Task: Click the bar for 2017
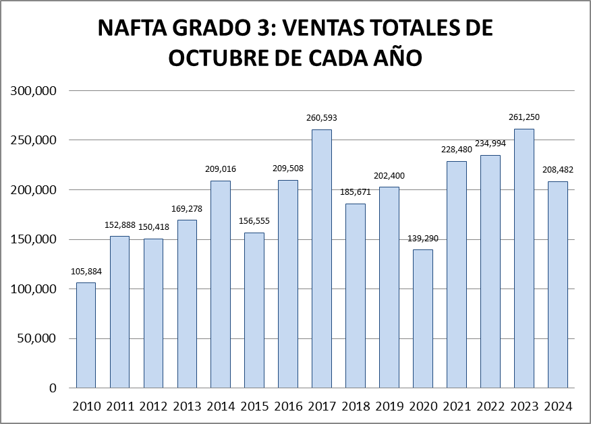(322, 259)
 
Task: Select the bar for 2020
(423, 319)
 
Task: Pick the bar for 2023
(524, 258)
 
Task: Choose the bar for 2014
(221, 284)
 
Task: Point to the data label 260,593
(322, 118)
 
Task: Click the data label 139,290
(423, 238)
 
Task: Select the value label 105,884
(86, 272)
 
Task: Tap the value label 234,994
(490, 143)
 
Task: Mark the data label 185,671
(356, 192)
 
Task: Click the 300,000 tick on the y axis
(34, 91)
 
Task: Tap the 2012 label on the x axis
(153, 406)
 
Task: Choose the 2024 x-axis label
(558, 406)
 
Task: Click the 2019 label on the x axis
(389, 406)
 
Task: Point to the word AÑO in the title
(398, 57)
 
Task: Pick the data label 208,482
(558, 169)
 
